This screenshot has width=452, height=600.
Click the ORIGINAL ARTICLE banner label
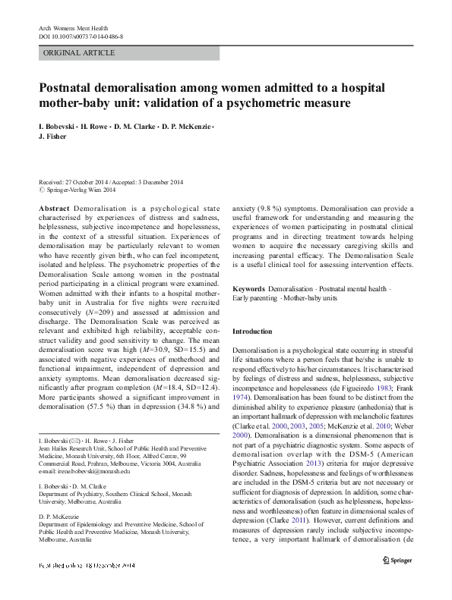pos(79,53)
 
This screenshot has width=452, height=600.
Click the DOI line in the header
pos(81,36)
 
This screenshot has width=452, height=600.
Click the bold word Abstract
pos(54,208)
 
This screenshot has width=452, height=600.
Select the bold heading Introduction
pos(251,331)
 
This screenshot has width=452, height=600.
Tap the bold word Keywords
pos(248,289)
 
